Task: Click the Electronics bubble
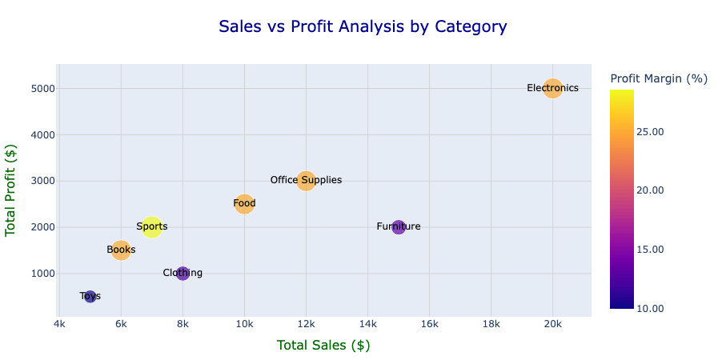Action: [552, 88]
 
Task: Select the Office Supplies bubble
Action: [306, 181]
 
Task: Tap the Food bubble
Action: [244, 204]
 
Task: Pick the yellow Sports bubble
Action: [151, 227]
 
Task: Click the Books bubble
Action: [121, 250]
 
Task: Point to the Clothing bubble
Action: [183, 274]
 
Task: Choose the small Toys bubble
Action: [90, 297]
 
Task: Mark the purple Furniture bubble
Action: [399, 227]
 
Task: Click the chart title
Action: [363, 26]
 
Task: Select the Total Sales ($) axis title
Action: [323, 346]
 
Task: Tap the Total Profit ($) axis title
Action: [11, 189]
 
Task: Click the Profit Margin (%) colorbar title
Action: [659, 78]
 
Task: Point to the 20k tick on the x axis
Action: [552, 324]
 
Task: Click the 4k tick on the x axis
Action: [59, 324]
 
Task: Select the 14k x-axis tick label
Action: [367, 324]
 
